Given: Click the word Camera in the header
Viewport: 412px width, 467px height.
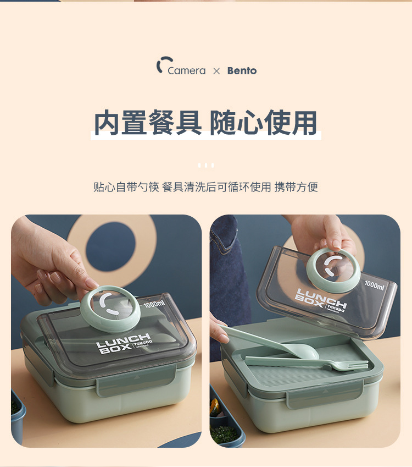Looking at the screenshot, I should pyautogui.click(x=186, y=71).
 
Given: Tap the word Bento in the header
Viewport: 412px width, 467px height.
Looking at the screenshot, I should pyautogui.click(x=242, y=71).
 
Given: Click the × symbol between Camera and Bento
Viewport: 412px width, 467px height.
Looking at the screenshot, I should pyautogui.click(x=216, y=71).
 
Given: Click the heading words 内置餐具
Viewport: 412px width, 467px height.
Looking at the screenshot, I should pyautogui.click(x=148, y=123).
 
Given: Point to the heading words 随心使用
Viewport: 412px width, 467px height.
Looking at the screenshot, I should pyautogui.click(x=264, y=123).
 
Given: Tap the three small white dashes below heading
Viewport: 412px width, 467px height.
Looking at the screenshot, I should pyautogui.click(x=206, y=165).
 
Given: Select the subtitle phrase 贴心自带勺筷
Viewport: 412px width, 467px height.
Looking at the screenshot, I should pyautogui.click(x=126, y=187).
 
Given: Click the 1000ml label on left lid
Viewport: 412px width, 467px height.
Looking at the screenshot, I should pyautogui.click(x=154, y=304).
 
